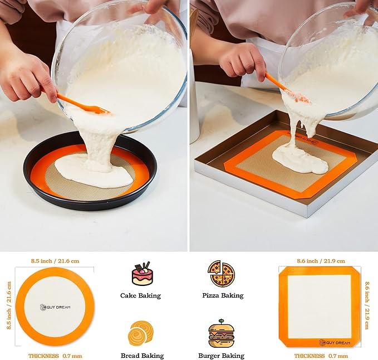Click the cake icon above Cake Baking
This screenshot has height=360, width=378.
tap(142, 274)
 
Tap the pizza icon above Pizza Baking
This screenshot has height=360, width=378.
tap(221, 274)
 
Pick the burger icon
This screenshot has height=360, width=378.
tap(221, 333)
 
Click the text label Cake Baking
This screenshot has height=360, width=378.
tap(140, 295)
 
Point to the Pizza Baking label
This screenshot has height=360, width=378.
tap(223, 295)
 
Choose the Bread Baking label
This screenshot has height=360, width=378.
tap(142, 356)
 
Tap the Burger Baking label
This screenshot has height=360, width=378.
tap(221, 356)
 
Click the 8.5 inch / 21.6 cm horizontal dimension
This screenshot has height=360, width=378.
tap(55, 260)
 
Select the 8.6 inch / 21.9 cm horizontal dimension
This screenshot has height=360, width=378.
tap(321, 261)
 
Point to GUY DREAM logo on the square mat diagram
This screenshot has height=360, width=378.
tap(336, 342)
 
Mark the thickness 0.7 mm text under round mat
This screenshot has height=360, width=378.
tap(55, 356)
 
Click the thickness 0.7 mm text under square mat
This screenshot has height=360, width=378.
tap(321, 356)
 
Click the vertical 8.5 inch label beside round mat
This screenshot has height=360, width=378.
tap(9, 306)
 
